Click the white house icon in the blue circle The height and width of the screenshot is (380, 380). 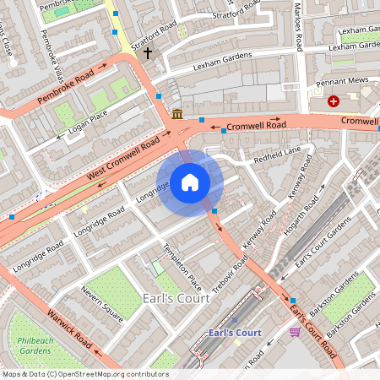pos(190,182)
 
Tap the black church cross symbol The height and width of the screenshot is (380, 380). pos(149,53)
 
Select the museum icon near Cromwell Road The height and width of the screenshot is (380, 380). pos(177,114)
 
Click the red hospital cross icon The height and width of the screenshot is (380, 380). pos(334,101)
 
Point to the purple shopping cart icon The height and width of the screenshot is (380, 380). pos(295,331)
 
